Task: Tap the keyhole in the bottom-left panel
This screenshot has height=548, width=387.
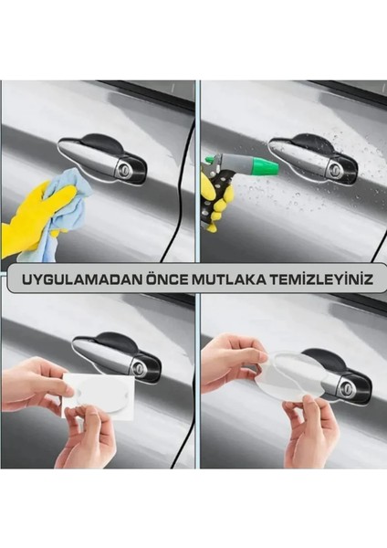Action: click(141, 369)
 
